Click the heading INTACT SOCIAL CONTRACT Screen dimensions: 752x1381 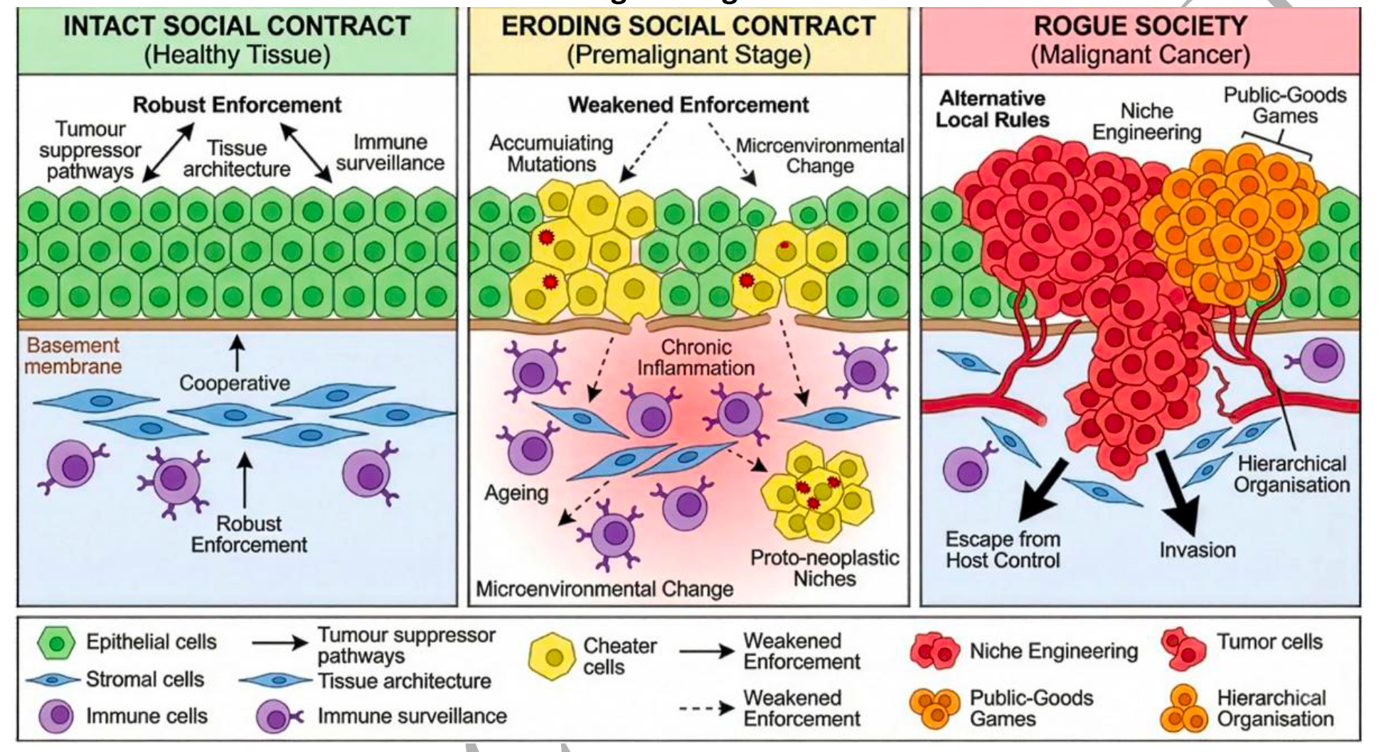(x=237, y=26)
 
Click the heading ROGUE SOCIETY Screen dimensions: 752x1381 (x=1140, y=26)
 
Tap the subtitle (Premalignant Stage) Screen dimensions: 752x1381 (x=688, y=55)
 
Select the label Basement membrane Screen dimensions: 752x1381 (x=74, y=355)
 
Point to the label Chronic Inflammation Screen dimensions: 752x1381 (x=695, y=358)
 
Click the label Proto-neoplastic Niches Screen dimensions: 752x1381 (x=825, y=567)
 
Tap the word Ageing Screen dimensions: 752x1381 (x=516, y=493)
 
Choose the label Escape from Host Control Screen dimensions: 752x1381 (x=1003, y=549)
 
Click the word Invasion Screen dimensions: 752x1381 (x=1198, y=549)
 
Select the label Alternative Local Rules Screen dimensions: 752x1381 (x=993, y=109)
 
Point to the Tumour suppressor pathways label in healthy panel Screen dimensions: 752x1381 (x=90, y=150)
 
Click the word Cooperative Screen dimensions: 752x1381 (x=235, y=383)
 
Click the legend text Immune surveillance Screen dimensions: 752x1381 (x=412, y=716)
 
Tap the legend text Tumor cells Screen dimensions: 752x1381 (x=1269, y=642)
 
